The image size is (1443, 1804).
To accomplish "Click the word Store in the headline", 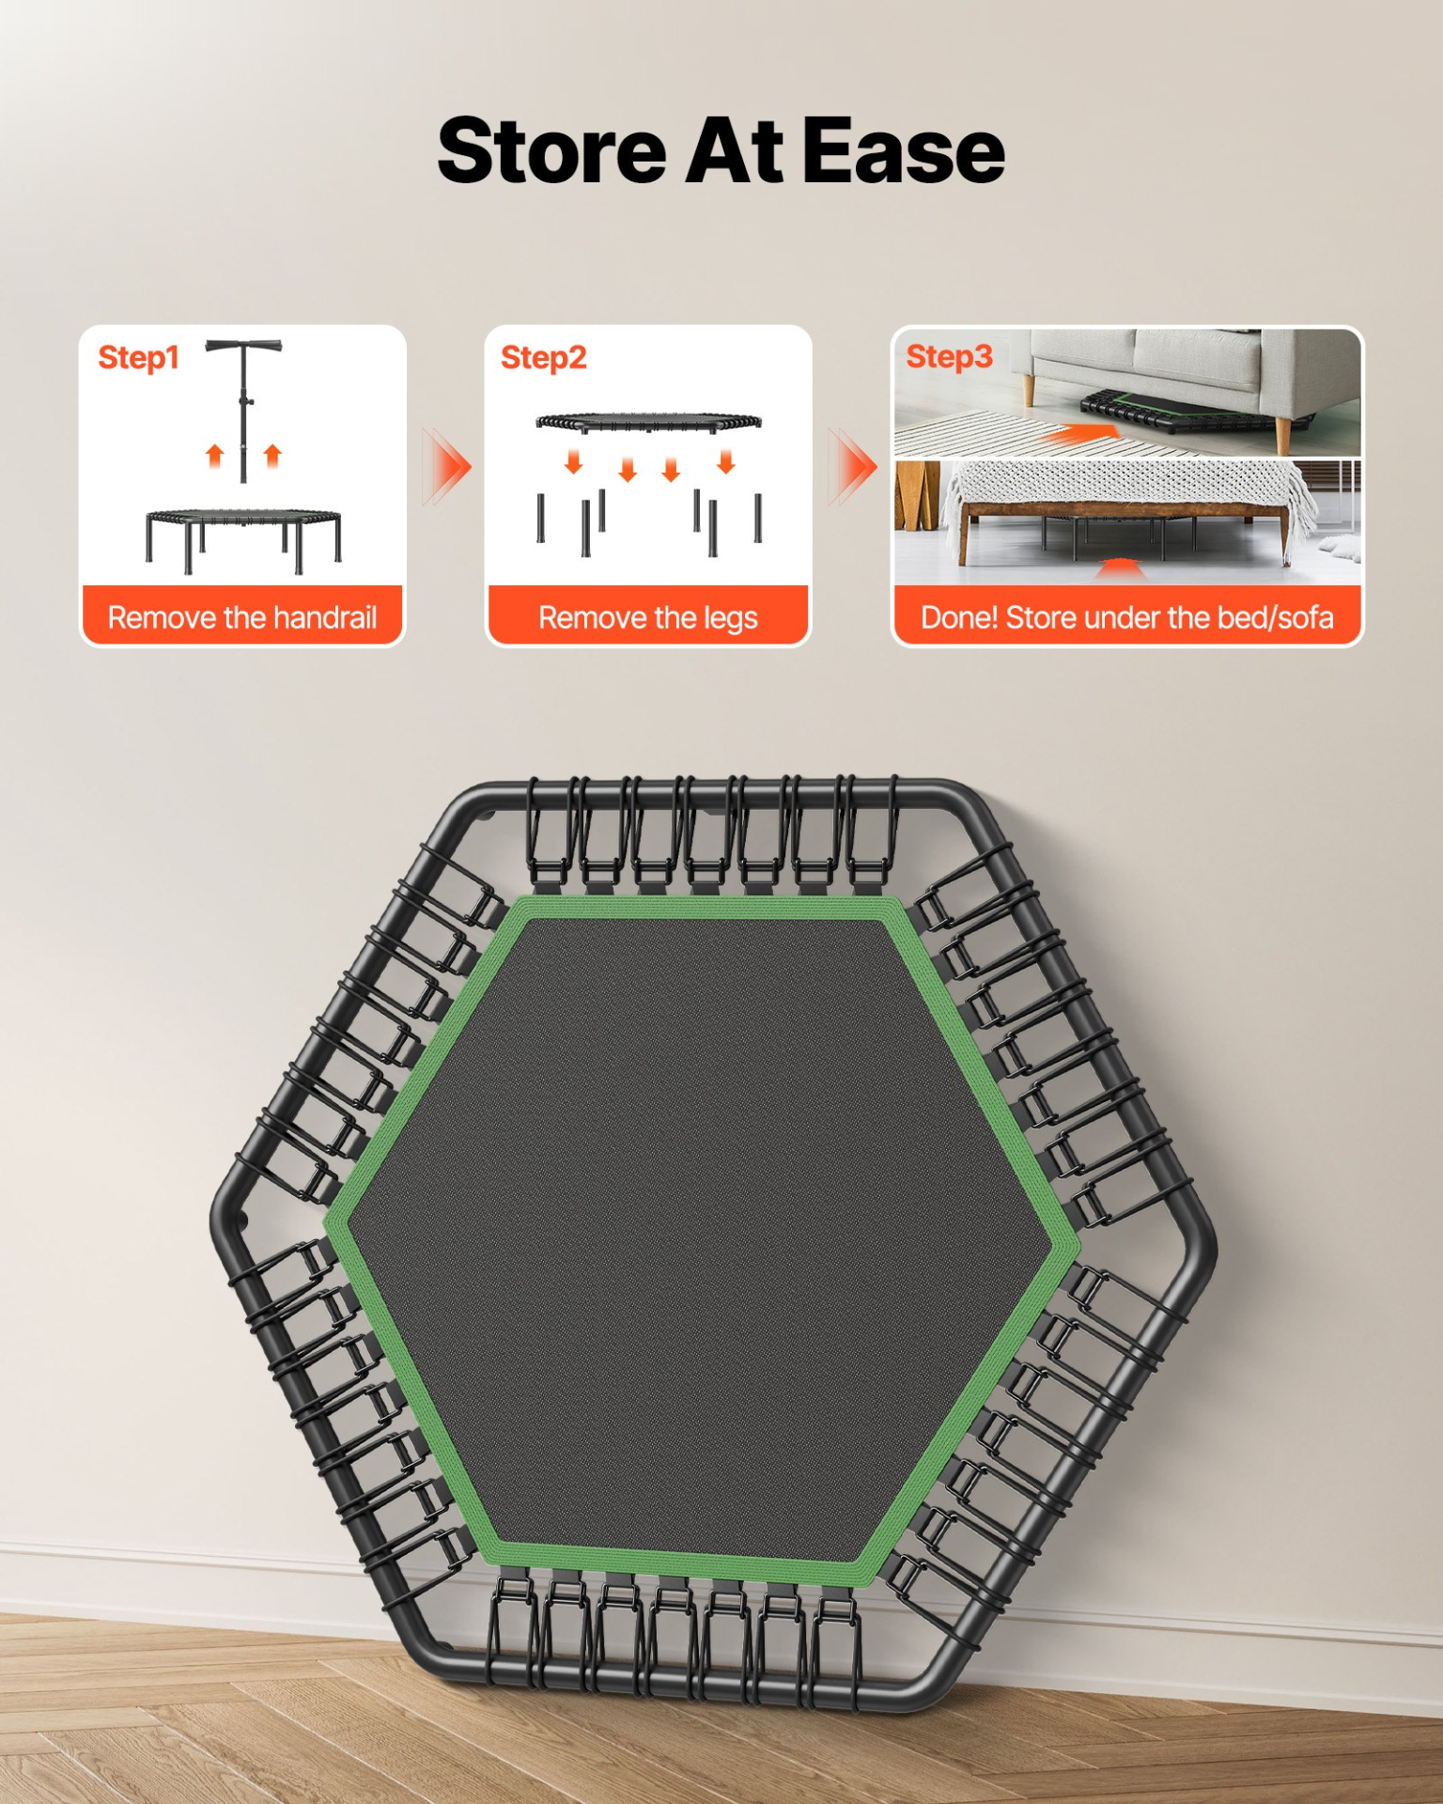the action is coord(551,150).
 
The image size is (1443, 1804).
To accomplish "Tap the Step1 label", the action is coord(138,357).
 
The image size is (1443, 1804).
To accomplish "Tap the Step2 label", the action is coord(543,357).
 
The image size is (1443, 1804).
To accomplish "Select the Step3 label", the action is coord(949,356).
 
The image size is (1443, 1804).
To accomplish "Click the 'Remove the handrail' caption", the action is coord(242,617).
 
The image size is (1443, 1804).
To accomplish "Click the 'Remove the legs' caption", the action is coord(648,618).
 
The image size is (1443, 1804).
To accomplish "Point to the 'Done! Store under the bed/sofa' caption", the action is coord(1126,617).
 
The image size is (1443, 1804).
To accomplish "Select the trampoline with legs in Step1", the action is coord(243,540).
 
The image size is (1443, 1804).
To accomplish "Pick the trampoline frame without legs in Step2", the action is coord(648,422).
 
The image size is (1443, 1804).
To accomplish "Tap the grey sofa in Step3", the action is coord(1193,376).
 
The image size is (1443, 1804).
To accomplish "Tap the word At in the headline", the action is coord(735,150).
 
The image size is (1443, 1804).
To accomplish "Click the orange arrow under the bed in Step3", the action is coord(1117,568).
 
